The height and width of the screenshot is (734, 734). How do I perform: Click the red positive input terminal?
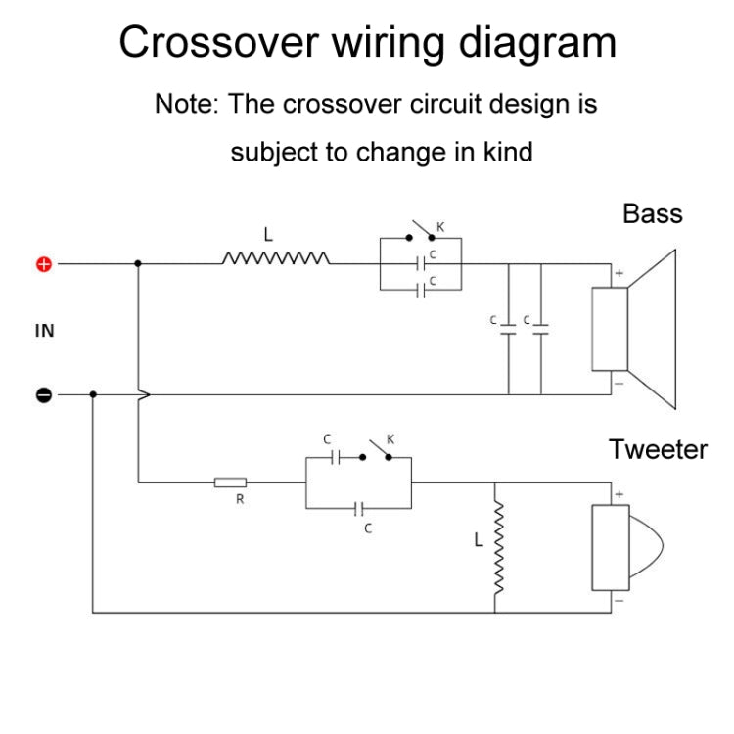(44, 263)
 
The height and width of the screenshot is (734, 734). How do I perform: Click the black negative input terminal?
(44, 394)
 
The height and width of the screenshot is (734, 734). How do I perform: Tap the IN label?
(44, 331)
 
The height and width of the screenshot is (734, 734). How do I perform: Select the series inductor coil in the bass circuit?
(276, 259)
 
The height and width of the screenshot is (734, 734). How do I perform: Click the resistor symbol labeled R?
(231, 482)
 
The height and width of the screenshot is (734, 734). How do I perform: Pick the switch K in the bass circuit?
(422, 235)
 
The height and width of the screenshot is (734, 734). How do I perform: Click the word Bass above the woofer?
(652, 213)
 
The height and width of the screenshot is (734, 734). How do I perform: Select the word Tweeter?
(658, 449)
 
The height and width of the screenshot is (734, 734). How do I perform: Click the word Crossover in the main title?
(216, 43)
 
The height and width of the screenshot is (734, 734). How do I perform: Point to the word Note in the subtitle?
(185, 104)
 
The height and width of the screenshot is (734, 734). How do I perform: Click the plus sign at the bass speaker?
(619, 274)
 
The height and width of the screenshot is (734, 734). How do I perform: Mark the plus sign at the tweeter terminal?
(619, 494)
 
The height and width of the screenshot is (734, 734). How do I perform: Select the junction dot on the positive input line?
(138, 263)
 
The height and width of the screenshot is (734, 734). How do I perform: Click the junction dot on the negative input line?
(93, 394)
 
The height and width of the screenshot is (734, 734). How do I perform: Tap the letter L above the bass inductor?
(267, 235)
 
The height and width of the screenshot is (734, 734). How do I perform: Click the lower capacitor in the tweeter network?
(359, 509)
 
